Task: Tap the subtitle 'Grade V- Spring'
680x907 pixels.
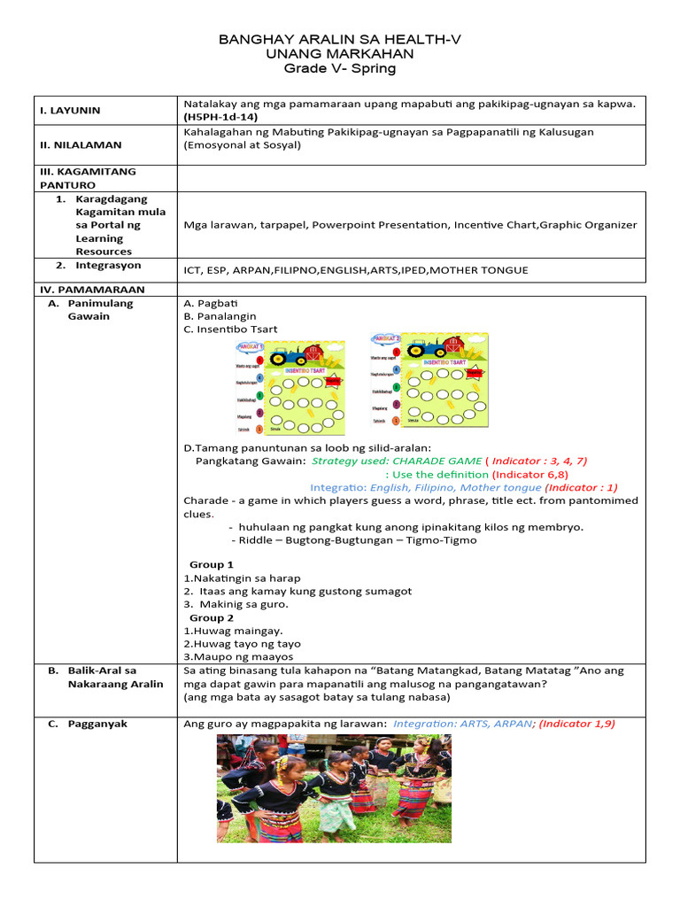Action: [x=340, y=68]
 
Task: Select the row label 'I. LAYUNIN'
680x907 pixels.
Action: [x=70, y=111]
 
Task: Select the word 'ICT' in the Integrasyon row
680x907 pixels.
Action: [x=194, y=268]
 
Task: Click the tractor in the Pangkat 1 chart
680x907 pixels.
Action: [x=288, y=356]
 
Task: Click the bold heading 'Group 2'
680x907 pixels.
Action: [x=212, y=617]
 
